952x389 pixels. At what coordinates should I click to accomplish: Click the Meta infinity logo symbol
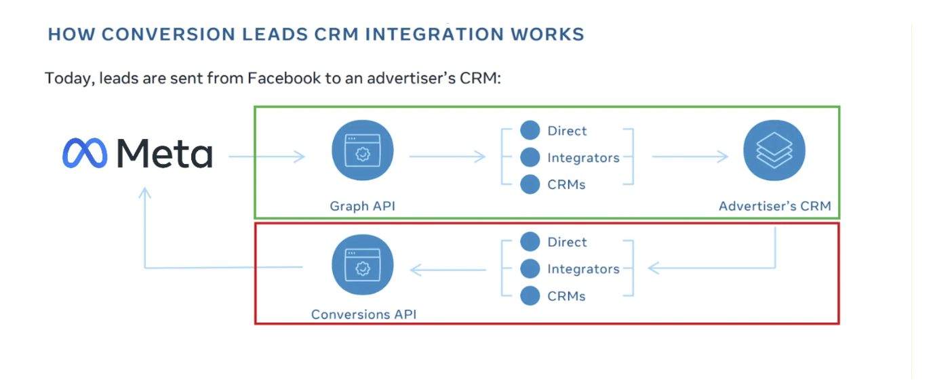point(85,153)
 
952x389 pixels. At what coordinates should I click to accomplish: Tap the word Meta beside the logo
point(165,153)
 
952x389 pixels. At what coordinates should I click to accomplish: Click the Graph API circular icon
point(363,150)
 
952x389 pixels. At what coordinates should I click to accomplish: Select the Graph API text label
point(363,206)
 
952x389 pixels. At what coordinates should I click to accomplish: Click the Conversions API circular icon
point(363,264)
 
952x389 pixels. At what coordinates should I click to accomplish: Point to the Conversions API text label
point(364,314)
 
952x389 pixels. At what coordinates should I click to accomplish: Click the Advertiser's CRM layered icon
point(774,150)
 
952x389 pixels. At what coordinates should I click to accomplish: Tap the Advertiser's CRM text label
point(775,206)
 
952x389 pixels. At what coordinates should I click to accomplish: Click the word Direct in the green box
point(567,131)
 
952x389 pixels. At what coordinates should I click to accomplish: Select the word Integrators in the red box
point(583,269)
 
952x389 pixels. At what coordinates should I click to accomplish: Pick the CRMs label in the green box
point(566,185)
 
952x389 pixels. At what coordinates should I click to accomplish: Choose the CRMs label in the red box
point(566,296)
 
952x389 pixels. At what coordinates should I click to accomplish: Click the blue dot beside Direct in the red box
point(530,242)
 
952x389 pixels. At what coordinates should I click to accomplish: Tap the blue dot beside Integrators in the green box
point(530,157)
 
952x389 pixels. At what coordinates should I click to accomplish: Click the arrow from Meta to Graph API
point(267,157)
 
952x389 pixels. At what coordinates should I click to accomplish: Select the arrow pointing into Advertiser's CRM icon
point(690,157)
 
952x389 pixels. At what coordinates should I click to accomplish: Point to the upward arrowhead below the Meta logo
point(145,192)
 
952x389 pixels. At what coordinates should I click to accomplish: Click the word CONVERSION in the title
point(168,35)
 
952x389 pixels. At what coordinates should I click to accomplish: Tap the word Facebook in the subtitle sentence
point(284,78)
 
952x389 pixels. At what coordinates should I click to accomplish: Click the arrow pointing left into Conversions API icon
point(448,270)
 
